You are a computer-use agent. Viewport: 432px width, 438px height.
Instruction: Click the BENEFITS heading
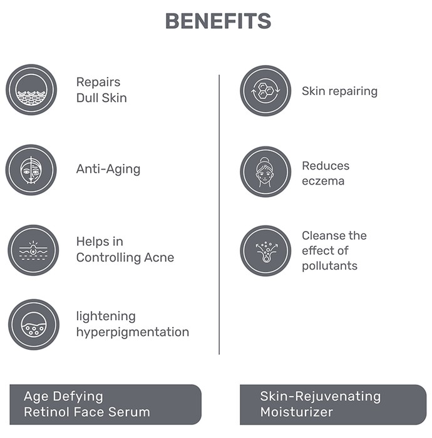click(218, 21)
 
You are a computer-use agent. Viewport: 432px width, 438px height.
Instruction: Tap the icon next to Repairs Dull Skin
click(31, 89)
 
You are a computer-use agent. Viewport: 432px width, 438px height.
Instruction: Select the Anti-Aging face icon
click(31, 170)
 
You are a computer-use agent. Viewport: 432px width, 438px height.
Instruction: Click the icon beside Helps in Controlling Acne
click(33, 250)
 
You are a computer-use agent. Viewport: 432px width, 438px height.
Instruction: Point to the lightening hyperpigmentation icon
click(34, 325)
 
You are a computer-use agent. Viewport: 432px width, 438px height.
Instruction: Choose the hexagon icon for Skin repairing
click(265, 91)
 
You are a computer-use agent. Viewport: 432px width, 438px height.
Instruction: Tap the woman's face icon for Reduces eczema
click(265, 171)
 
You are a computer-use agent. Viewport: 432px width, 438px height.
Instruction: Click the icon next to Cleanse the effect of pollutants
click(265, 251)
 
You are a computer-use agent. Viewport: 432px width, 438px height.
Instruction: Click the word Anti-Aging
click(108, 170)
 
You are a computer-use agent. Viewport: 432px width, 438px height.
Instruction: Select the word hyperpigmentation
click(133, 332)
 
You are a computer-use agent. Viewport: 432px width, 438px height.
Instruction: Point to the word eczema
click(323, 181)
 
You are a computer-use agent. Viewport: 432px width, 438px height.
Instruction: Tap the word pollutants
click(329, 266)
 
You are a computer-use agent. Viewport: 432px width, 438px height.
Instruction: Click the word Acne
click(159, 258)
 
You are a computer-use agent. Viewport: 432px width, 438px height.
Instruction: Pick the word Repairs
click(98, 83)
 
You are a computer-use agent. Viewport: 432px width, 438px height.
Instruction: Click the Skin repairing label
click(339, 91)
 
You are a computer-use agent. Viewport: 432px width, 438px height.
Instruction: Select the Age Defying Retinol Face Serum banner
click(105, 404)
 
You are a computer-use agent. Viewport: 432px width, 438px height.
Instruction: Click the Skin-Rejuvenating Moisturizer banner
click(333, 404)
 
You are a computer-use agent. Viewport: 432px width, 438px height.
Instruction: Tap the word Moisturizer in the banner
click(297, 412)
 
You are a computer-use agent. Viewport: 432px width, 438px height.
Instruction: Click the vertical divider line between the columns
click(219, 215)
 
